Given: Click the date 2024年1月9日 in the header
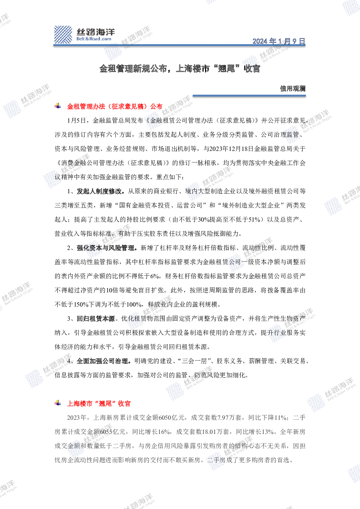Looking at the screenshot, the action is click(279, 41).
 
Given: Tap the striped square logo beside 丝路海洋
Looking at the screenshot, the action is click(63, 34).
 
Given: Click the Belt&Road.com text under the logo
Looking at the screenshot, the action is click(94, 39).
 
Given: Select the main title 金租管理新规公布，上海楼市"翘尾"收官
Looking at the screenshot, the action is click(180, 69).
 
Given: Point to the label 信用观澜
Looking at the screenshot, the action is click(293, 89).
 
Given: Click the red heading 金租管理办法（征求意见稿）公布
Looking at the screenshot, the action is click(115, 106).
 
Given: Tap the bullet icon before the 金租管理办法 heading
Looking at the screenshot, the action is click(58, 106).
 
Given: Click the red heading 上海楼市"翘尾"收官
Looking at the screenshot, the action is click(99, 403).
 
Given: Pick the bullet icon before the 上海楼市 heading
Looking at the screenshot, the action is click(58, 403).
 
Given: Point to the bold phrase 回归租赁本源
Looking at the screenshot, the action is click(96, 319).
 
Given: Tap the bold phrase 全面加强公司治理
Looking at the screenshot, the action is click(102, 361).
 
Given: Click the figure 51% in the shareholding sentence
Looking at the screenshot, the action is click(254, 219).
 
